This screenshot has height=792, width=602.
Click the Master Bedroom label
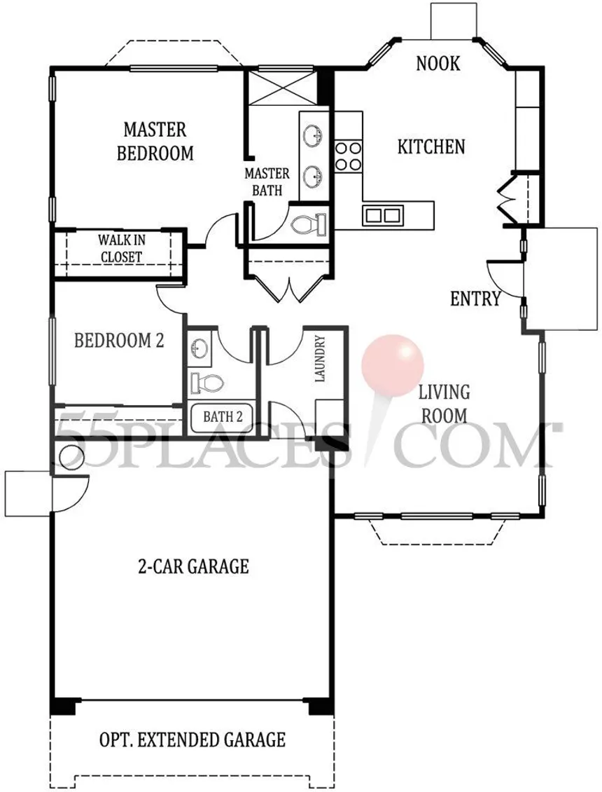[x=155, y=142]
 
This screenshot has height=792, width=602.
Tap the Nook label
[x=438, y=64]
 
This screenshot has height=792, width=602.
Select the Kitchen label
[x=431, y=147]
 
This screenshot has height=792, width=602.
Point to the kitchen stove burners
[x=348, y=156]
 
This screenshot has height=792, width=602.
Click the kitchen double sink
[x=382, y=214]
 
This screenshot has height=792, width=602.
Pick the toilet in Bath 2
[x=206, y=383]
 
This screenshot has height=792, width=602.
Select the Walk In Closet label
[x=121, y=248]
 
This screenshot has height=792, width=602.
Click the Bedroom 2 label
[x=119, y=341]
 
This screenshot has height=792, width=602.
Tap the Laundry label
[x=320, y=358]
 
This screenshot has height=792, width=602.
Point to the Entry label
[x=475, y=299]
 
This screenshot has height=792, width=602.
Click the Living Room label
[x=444, y=404]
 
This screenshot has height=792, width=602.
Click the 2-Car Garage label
[x=193, y=566]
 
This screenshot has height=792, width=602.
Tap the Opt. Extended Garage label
[x=192, y=740]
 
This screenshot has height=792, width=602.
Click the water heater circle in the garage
[x=71, y=456]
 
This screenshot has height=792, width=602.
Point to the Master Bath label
[x=267, y=182]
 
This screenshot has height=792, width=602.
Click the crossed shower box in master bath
[x=283, y=87]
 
